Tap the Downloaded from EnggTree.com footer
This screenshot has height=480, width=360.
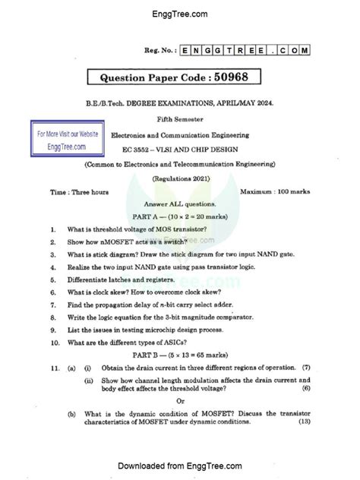pos(180,465)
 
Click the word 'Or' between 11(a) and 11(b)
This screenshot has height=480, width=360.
pos(180,401)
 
